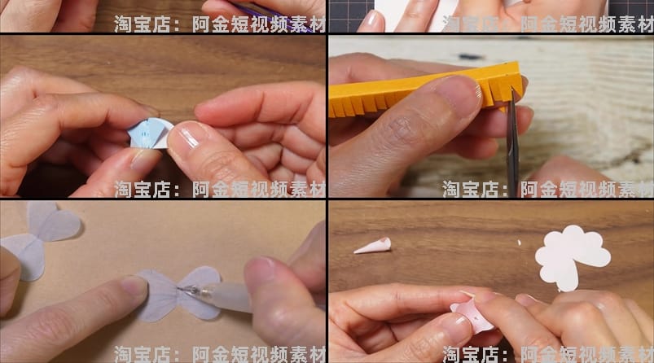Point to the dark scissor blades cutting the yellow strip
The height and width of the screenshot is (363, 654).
(513, 138)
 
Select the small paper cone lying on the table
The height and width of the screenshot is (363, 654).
(372, 245)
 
